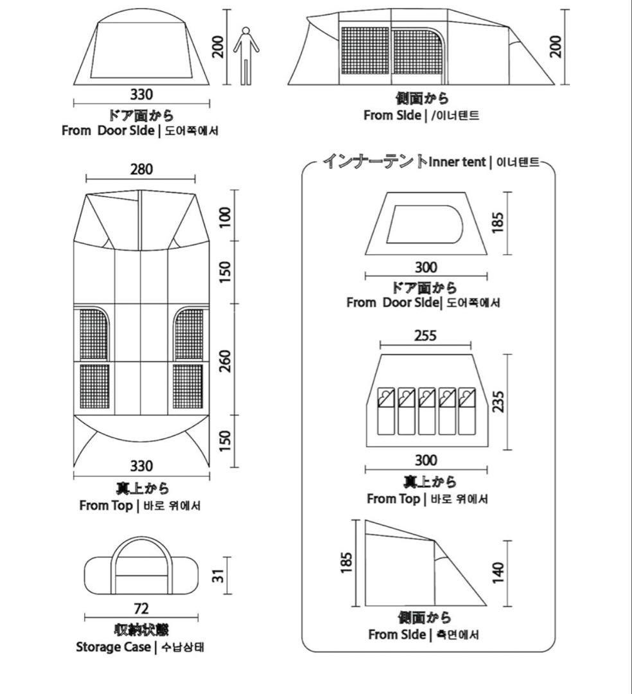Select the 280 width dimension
coord(141,169)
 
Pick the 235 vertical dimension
coord(498,401)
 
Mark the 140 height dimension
coord(498,573)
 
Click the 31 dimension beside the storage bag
coord(219,575)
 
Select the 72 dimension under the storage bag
coord(141,608)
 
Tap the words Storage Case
coord(113,646)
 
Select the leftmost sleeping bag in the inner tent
coord(385,411)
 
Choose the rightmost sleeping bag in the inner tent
coord(466,411)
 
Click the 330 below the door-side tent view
coord(141,94)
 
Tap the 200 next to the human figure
coord(219,47)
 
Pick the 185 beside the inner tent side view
coord(347,564)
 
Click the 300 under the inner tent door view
coord(425,267)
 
